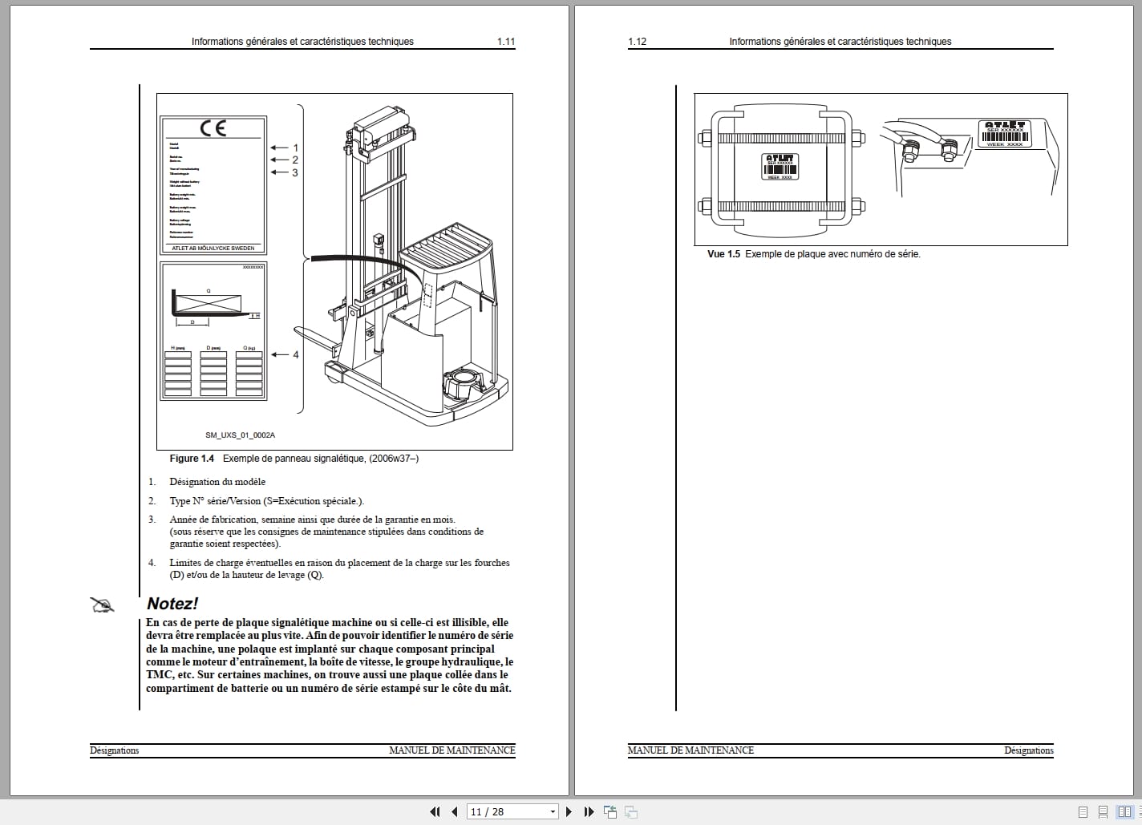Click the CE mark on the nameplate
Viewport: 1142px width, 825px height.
click(x=213, y=127)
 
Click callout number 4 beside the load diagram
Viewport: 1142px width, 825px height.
click(x=295, y=354)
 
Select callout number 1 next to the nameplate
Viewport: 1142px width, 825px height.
click(x=295, y=148)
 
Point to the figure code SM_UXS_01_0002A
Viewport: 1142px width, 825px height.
click(x=240, y=435)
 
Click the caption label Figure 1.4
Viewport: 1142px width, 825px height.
click(x=192, y=459)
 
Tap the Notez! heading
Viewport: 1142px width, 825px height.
click(x=172, y=604)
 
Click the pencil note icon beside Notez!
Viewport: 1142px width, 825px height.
click(x=103, y=605)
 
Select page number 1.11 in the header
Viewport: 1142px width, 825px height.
click(x=505, y=42)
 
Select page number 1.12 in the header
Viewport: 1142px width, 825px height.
click(x=637, y=42)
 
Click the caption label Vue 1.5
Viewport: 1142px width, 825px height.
click(x=723, y=254)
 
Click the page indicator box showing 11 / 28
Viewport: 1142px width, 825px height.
click(x=512, y=811)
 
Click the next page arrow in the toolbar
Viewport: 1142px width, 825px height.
click(x=569, y=811)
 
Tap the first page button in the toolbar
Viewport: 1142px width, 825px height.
click(x=435, y=811)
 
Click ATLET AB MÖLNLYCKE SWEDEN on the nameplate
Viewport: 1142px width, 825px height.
click(x=213, y=249)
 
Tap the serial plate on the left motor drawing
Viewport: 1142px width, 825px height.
click(x=780, y=166)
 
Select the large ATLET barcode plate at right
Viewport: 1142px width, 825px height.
click(x=1004, y=134)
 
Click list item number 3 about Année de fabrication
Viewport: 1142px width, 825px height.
click(x=152, y=520)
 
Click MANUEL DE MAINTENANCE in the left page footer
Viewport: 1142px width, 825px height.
click(x=452, y=750)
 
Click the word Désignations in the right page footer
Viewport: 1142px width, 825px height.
click(x=1028, y=750)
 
